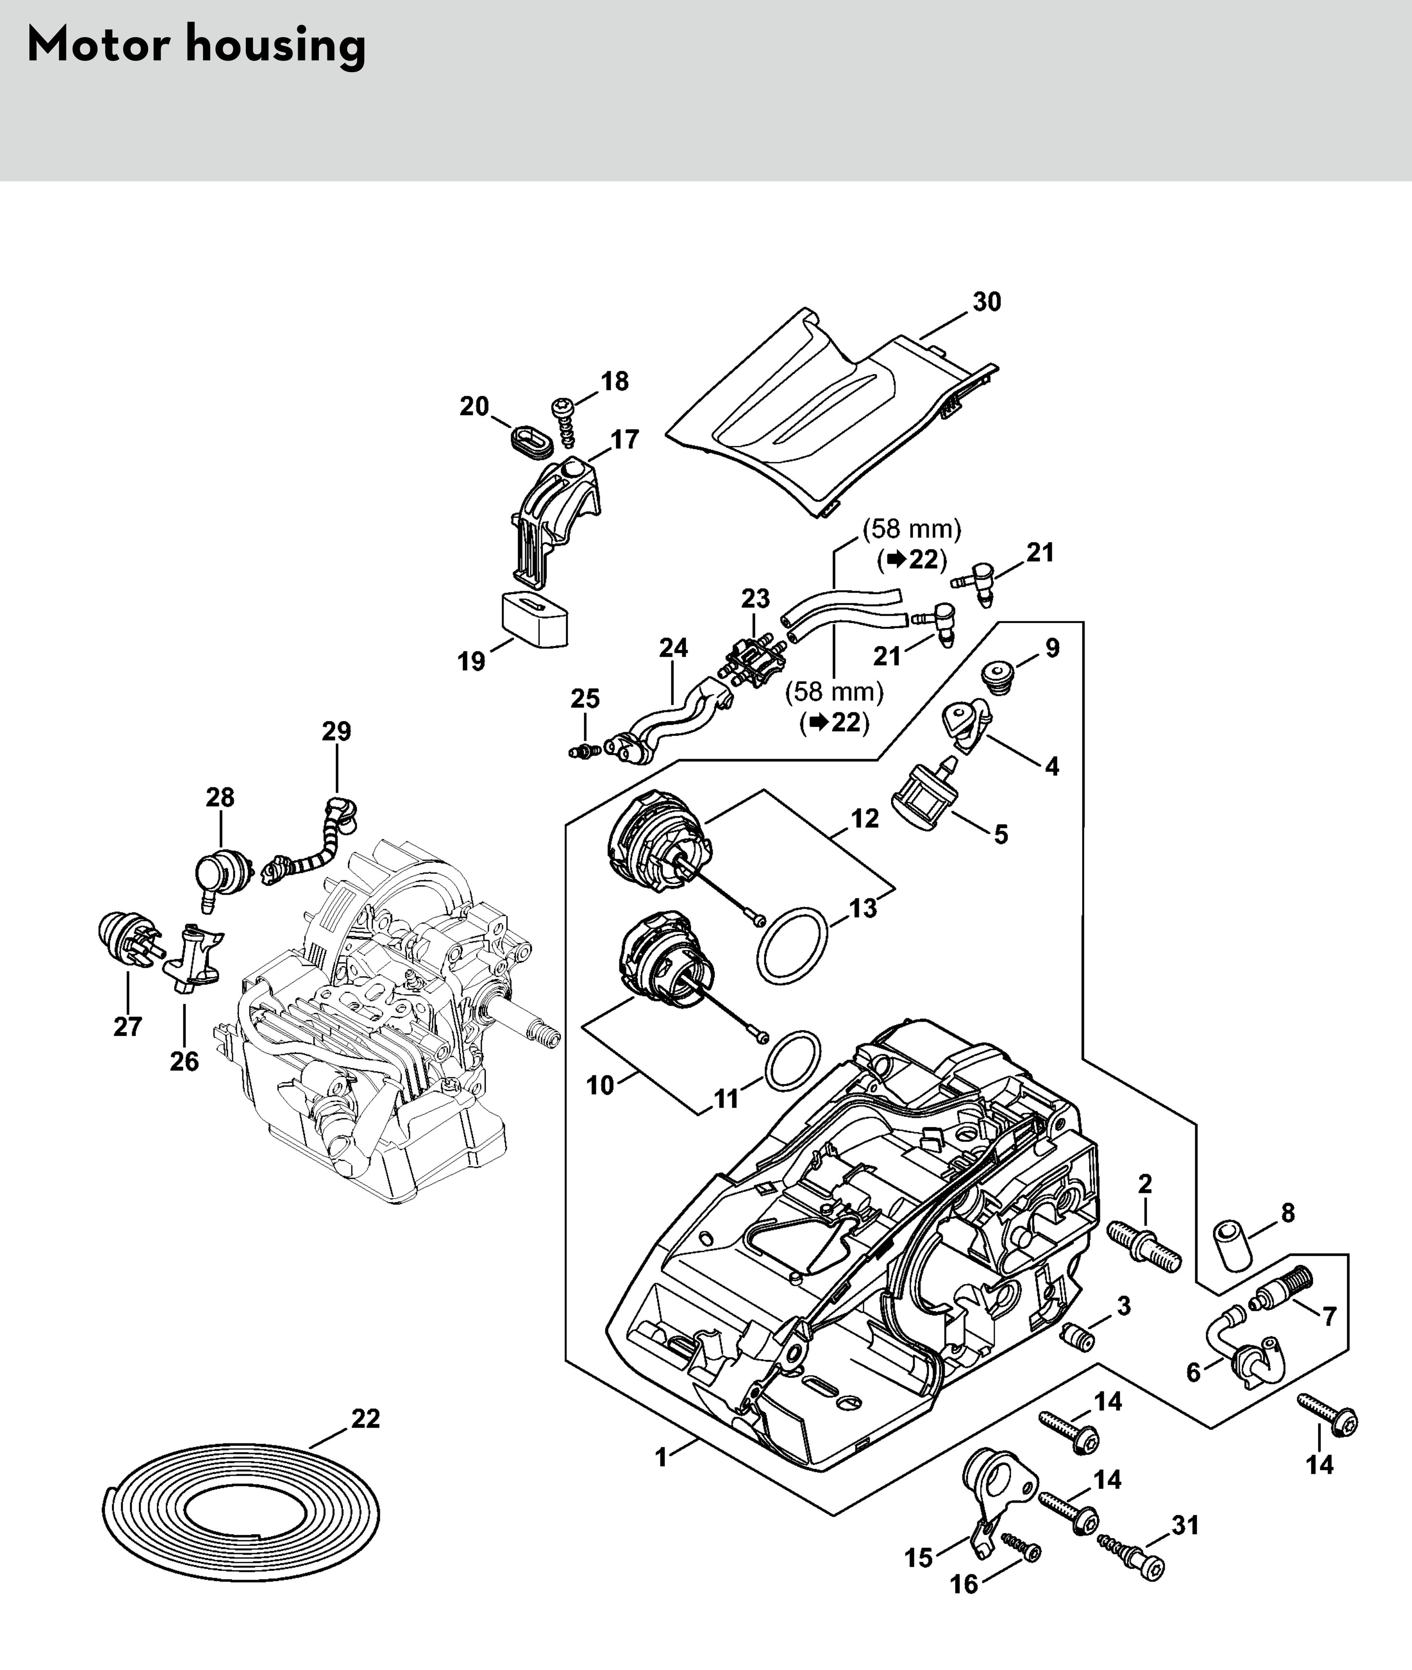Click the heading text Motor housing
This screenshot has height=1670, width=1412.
[196, 46]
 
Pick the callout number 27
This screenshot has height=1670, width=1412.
[128, 1026]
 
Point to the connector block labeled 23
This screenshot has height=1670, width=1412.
[755, 662]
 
